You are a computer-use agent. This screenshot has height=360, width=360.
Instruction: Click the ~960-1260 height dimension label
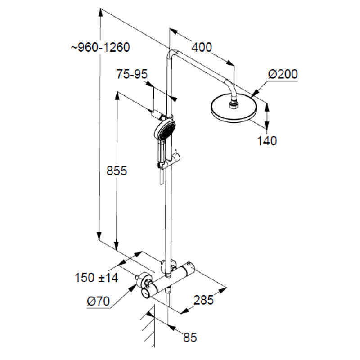pos(100,48)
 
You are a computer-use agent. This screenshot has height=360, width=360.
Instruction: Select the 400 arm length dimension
pos(202,47)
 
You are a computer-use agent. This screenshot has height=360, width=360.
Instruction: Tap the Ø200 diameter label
pos(283,74)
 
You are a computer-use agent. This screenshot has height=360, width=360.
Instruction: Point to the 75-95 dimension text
pos(132,74)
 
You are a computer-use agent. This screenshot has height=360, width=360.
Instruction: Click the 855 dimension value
pos(117,171)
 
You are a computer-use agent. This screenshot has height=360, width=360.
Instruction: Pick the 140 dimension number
pos(267,141)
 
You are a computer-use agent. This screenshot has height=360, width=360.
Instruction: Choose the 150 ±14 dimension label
pos(96,277)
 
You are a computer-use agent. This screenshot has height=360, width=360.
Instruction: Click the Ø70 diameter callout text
pos(98,301)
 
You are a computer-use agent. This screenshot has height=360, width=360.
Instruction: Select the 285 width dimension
pos(204,300)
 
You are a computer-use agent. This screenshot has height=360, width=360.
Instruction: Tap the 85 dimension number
pos(190,337)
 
